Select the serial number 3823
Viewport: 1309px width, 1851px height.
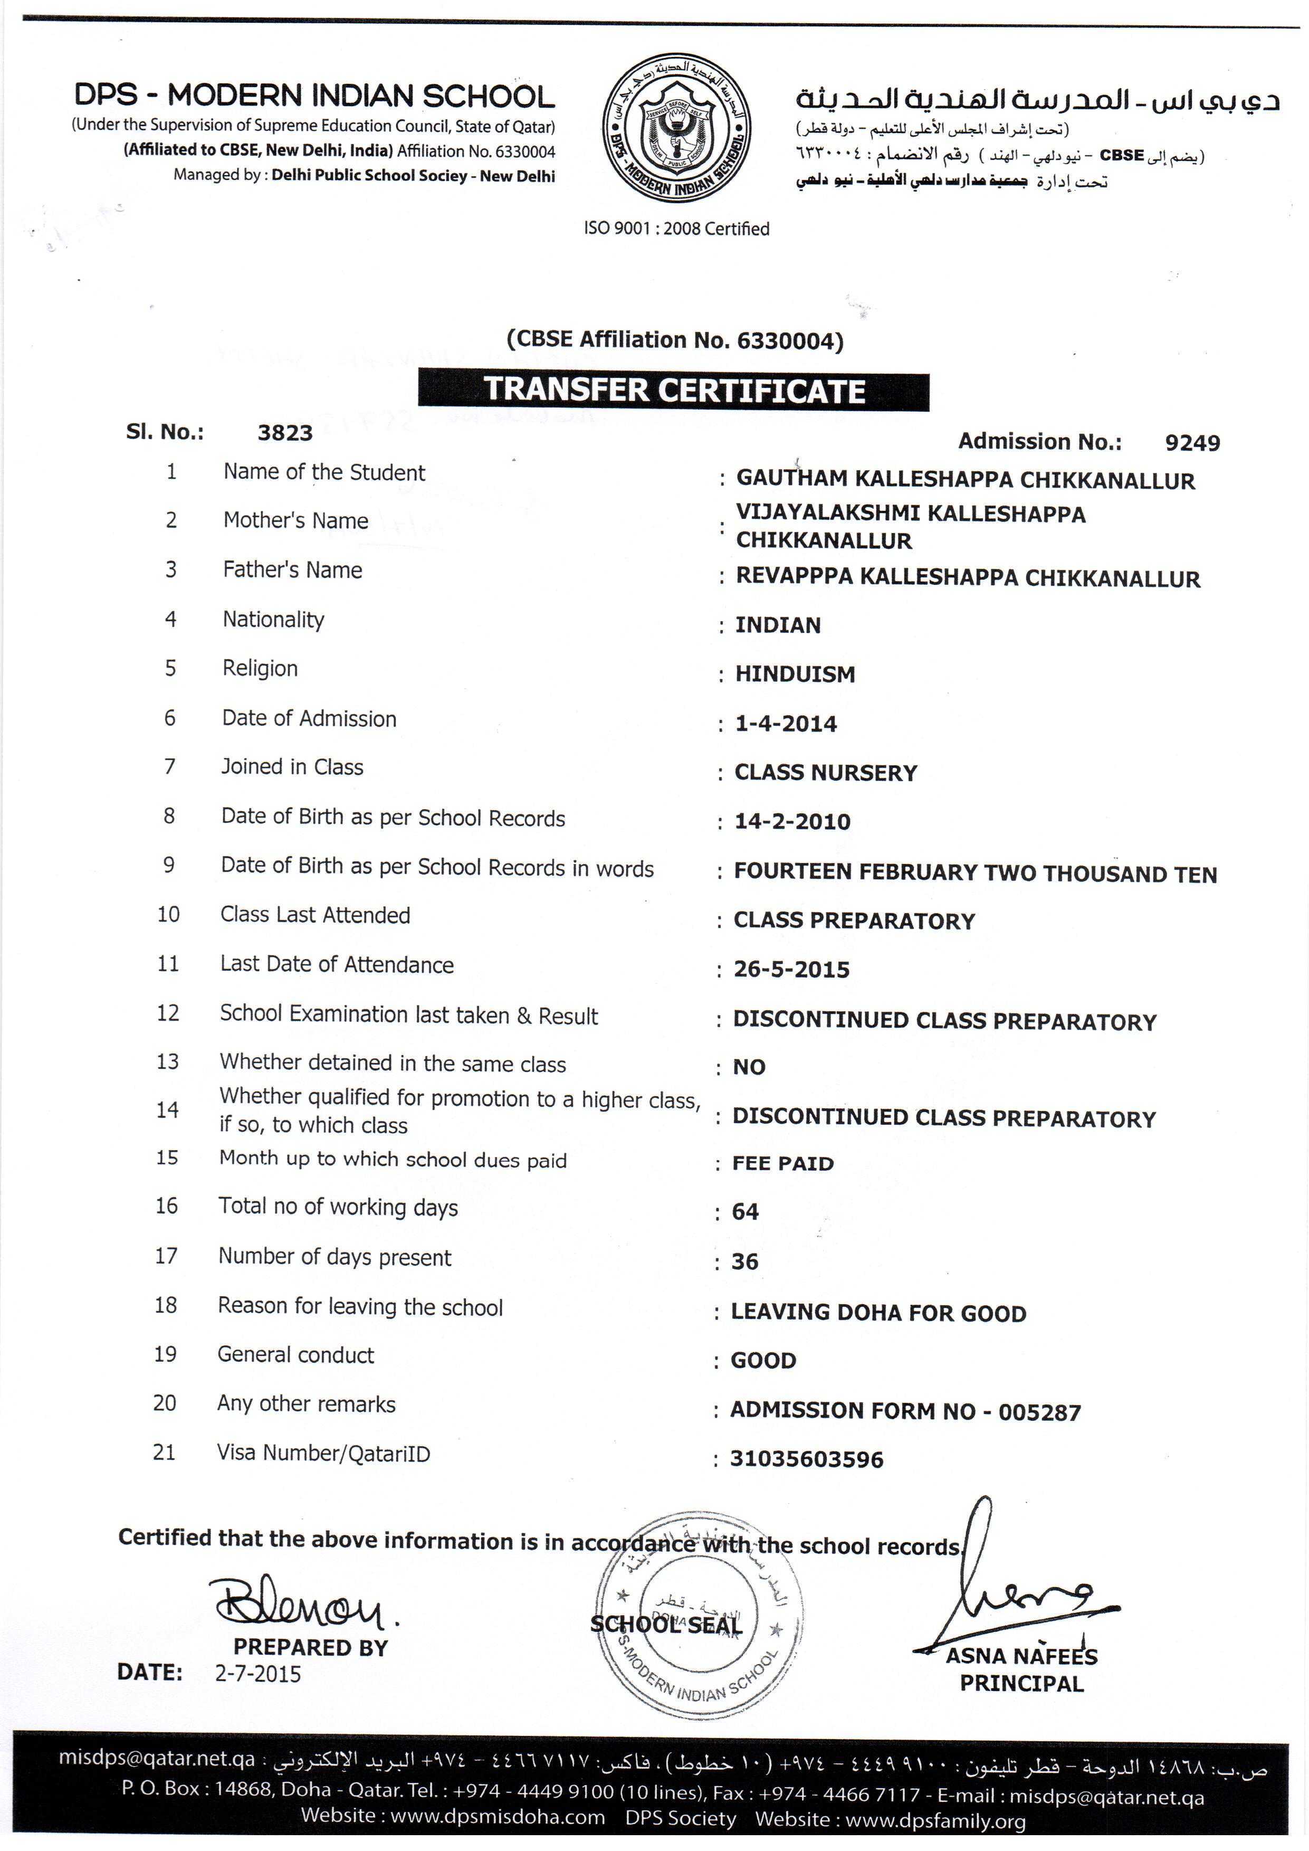coord(284,433)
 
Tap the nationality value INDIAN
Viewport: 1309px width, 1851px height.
coord(778,625)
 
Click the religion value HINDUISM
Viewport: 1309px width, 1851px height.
coord(795,674)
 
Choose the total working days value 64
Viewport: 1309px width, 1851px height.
coord(745,1212)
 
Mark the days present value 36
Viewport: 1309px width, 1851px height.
coord(745,1261)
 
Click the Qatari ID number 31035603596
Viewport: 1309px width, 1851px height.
coord(807,1459)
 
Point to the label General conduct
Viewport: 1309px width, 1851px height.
coord(296,1355)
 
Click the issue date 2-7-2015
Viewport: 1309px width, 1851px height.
coord(258,1674)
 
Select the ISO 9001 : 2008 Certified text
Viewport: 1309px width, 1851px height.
coord(676,229)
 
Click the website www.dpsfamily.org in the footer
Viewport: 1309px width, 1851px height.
coord(935,1820)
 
